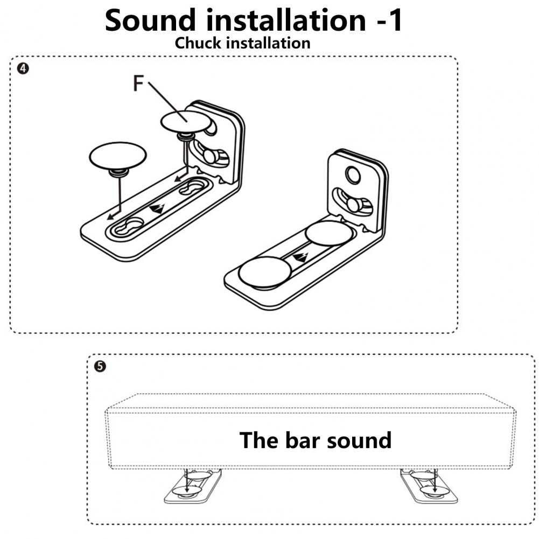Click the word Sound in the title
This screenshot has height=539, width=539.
151,20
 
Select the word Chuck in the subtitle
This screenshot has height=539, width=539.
198,43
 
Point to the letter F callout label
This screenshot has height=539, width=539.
139,84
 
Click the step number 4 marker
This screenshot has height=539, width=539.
22,68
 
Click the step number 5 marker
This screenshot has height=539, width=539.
100,366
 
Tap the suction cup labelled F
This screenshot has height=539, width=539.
185,121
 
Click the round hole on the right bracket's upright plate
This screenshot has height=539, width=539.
353,174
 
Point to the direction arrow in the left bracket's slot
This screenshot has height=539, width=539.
157,208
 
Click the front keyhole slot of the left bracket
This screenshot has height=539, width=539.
129,226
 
